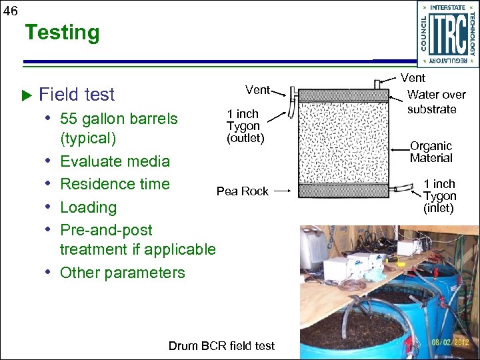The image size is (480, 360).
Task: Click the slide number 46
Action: [11, 10]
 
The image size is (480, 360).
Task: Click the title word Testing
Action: [62, 32]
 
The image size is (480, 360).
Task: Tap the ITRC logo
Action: [447, 34]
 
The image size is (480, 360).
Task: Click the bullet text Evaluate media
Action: [115, 161]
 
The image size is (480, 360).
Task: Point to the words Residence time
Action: [115, 184]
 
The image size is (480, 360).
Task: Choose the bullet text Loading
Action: [88, 207]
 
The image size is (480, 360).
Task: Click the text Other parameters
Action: [123, 273]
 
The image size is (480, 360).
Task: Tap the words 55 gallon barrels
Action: [119, 119]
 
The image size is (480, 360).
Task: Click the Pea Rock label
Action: [242, 191]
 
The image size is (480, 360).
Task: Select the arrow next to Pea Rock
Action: [282, 191]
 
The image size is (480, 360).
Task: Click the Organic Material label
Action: [431, 152]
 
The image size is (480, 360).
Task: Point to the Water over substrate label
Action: [435, 102]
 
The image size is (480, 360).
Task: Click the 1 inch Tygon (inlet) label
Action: [439, 196]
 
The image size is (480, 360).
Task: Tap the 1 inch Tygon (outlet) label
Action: [245, 126]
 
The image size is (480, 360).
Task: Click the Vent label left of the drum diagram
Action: [257, 90]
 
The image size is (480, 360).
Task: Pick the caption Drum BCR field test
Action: [221, 346]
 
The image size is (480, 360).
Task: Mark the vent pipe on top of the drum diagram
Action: [377, 83]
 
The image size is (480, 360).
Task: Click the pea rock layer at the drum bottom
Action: [342, 191]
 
